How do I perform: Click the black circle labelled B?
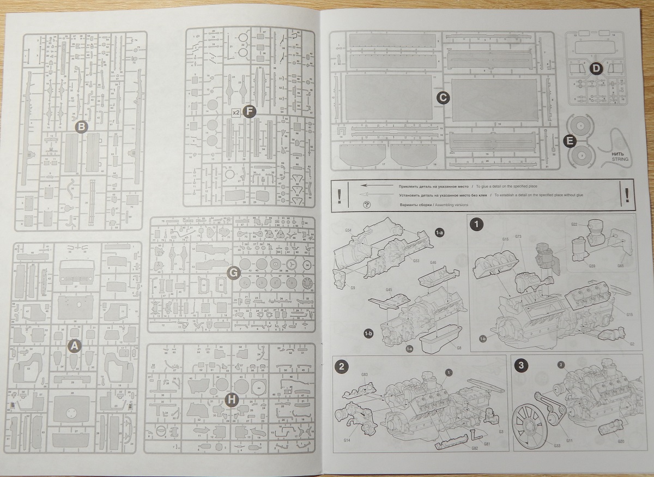(81, 127)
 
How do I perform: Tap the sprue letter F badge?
(249, 112)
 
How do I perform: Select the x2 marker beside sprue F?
(236, 113)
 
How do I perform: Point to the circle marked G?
(232, 274)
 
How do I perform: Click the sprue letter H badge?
(231, 400)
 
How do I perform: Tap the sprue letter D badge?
(595, 68)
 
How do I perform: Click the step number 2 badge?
(341, 366)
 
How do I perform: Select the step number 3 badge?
(522, 366)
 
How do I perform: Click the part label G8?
(459, 347)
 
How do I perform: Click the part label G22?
(575, 224)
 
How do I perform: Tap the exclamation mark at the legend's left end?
(339, 195)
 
